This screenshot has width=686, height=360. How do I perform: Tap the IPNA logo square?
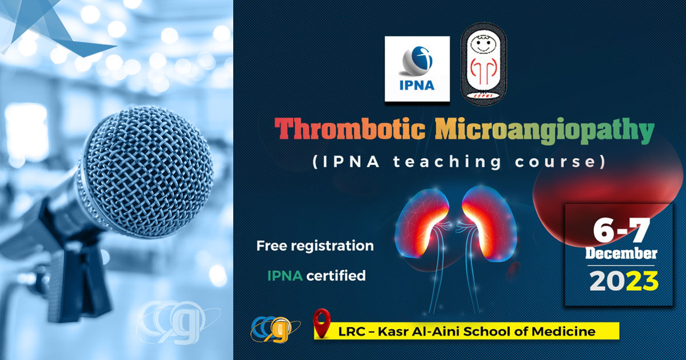[417, 69]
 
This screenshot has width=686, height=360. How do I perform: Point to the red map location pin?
[323, 323]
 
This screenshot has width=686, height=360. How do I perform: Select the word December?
[621, 254]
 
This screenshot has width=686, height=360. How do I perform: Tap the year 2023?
[623, 281]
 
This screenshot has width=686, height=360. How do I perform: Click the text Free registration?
[315, 246]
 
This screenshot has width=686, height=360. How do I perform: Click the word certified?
[336, 276]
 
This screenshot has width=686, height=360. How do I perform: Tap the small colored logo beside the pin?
[276, 328]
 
